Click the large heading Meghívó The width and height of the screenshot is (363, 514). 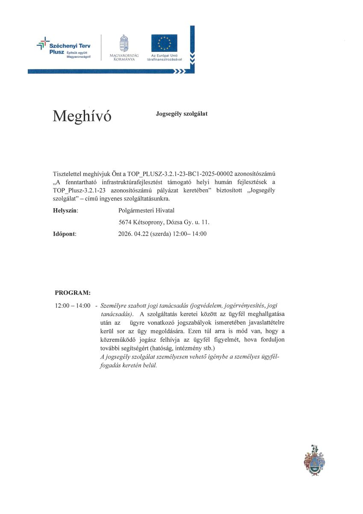82,116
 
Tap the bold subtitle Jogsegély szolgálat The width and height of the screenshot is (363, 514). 182,114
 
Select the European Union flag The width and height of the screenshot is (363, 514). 164,43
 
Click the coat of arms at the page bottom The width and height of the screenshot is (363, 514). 314,460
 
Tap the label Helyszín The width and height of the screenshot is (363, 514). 65,210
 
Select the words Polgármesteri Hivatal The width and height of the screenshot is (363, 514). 146,210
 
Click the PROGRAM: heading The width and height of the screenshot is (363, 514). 73,293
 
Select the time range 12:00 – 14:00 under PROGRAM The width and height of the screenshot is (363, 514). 73,306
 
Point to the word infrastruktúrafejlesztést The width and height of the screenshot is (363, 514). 141,182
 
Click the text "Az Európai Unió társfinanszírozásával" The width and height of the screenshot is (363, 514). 164,57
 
